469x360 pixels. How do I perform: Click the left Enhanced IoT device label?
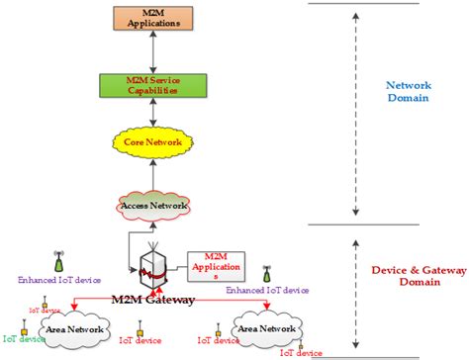pos(57,280)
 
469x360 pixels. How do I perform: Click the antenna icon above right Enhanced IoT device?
pos(266,273)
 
